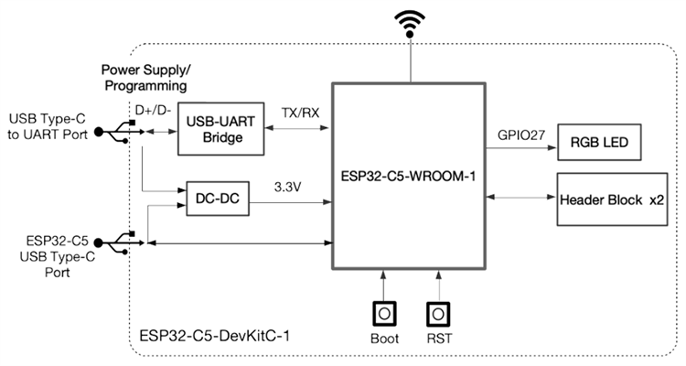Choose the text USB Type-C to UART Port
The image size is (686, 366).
50,129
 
